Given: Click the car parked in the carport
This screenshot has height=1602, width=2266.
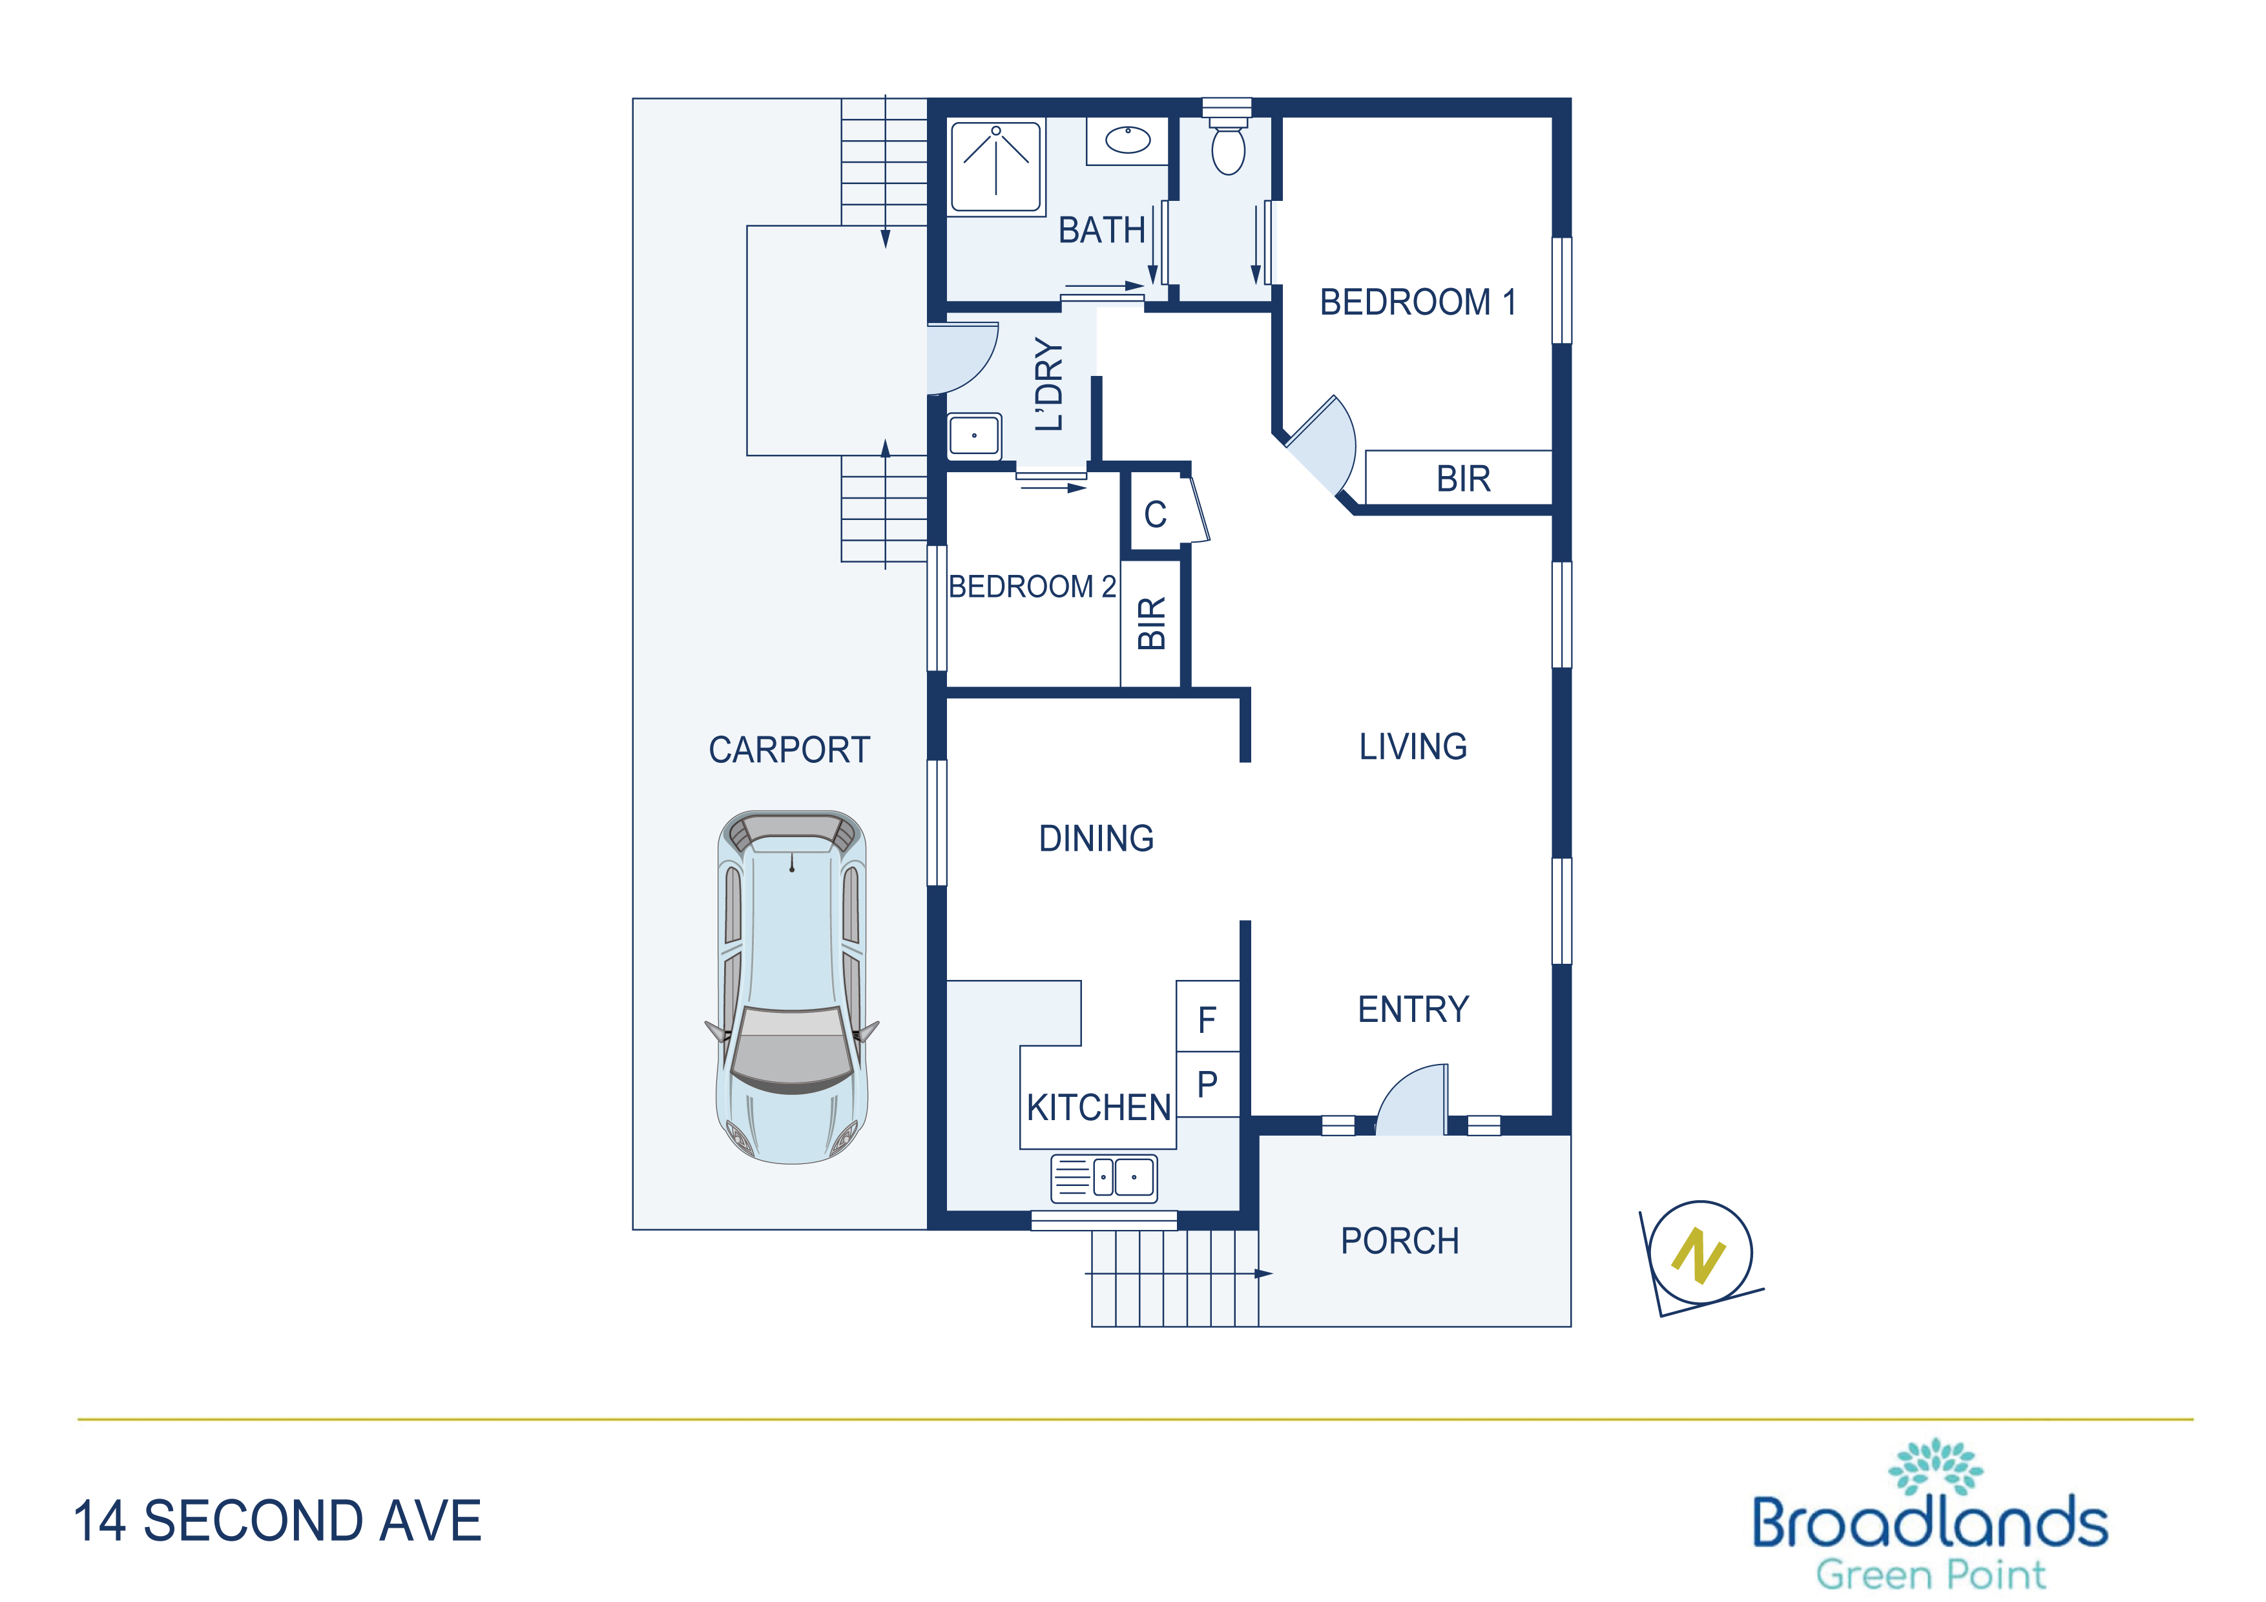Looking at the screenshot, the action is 791,987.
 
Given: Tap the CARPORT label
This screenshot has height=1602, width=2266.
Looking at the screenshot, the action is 789,750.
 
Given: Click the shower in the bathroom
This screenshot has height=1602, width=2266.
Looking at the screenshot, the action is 996,167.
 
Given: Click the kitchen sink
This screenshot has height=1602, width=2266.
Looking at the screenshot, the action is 1103,1178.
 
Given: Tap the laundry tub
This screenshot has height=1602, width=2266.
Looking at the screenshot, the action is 974,435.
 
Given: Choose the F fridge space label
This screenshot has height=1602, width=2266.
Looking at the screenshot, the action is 1207,1019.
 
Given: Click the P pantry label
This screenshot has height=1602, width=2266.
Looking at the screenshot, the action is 1207,1085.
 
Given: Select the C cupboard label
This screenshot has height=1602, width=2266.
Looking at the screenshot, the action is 1156,514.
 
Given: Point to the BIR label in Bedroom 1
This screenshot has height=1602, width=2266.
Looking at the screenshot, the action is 1464,479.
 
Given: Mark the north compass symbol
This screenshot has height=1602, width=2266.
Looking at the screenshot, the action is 1699,1256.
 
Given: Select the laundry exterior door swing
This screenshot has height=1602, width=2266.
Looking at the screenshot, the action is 962,357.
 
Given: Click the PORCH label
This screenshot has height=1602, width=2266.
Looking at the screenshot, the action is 1400,1241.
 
